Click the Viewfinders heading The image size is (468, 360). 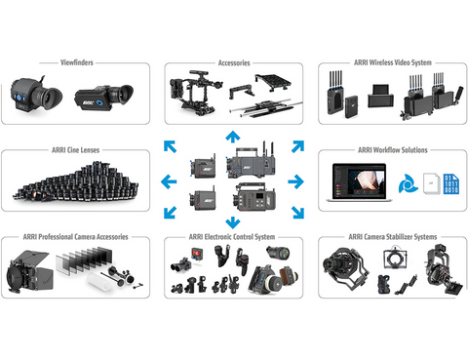coord(77,62)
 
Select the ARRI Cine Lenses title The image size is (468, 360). coord(76,150)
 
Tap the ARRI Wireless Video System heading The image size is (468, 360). coord(393,62)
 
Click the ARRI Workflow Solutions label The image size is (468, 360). coord(393,150)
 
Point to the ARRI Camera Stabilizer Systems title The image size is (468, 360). coord(393,237)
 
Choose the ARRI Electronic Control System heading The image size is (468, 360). coord(232,237)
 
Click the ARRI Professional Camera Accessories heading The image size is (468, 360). coord(75,237)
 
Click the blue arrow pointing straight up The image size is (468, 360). coord(233,137)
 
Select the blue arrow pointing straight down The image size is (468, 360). coord(233,222)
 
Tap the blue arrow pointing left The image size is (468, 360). coord(169,181)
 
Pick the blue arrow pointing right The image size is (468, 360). coord(295,181)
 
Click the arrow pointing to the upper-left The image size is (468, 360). coord(170,146)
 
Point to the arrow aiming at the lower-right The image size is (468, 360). coord(297,213)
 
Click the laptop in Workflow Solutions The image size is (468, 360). coord(359,182)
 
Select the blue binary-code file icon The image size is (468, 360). coord(451,184)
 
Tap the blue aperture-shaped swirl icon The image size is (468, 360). coord(408,184)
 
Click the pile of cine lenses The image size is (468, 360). coord(76,181)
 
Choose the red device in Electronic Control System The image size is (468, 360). coord(197,253)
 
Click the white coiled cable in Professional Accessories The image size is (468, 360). coord(100,280)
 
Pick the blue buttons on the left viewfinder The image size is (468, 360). coord(19,98)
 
